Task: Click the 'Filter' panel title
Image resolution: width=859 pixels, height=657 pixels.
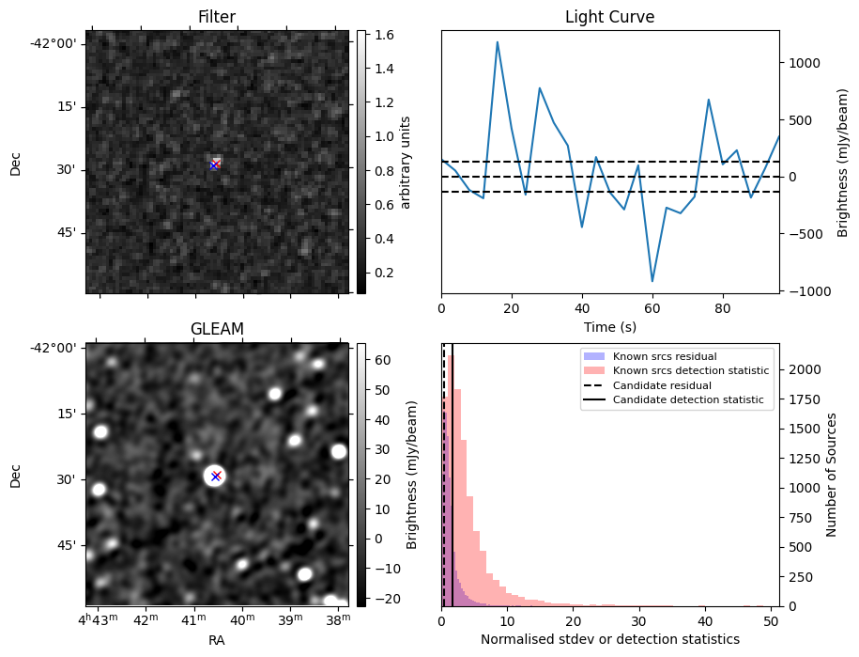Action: pos(217,17)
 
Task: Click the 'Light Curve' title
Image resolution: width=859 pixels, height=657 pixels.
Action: pos(609,17)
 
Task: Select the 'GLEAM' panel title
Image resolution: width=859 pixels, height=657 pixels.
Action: pos(217,328)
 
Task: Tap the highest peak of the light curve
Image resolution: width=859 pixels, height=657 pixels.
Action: pos(498,41)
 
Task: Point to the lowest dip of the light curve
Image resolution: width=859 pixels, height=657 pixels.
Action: pos(652,281)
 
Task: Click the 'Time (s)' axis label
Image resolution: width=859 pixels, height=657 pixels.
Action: pos(609,325)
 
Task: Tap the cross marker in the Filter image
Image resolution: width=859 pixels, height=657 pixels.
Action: pos(215,165)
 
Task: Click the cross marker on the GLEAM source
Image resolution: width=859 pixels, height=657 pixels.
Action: pos(216,476)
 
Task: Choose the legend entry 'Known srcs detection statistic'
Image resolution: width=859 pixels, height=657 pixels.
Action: pos(690,371)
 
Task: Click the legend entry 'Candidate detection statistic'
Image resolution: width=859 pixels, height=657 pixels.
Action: pos(687,401)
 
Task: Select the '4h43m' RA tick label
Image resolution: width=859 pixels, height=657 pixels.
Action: pos(99,621)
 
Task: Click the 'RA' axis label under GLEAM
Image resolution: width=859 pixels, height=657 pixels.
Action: pos(217,640)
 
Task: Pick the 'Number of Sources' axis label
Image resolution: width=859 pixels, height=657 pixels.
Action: pos(832,475)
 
